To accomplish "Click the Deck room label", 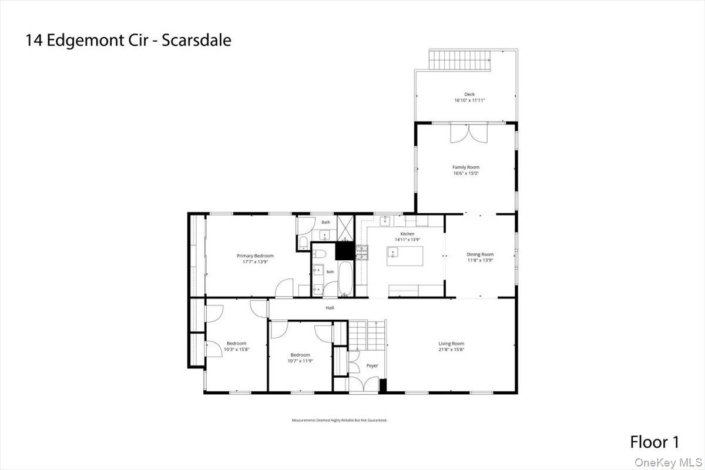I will click(x=469, y=94).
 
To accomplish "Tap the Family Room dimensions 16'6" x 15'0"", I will click(x=466, y=173).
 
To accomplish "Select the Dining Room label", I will click(x=480, y=254).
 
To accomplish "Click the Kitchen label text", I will click(x=407, y=234).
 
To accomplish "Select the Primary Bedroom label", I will click(x=255, y=256).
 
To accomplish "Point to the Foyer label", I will click(x=372, y=365).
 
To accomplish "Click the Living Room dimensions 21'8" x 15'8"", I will click(x=451, y=350).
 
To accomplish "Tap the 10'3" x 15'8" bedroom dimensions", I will click(x=237, y=349).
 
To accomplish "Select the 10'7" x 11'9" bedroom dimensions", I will click(x=300, y=361).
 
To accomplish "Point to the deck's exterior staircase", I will click(x=459, y=59).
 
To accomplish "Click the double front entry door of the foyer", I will click(x=364, y=385).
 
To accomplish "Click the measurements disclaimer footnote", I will click(x=340, y=420).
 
